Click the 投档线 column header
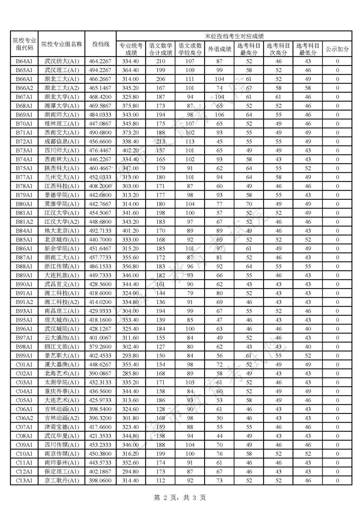[x=100, y=44]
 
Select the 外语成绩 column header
[x=219, y=49]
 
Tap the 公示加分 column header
[x=337, y=49]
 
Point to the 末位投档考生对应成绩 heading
[x=234, y=36]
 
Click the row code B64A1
[x=24, y=61]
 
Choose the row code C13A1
[x=24, y=480]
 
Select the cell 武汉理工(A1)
[x=62, y=70]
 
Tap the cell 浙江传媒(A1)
[x=62, y=266]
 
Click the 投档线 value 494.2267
[x=100, y=70]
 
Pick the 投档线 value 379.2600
[x=100, y=347]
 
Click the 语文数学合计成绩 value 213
[x=160, y=141]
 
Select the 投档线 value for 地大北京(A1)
[x=100, y=231]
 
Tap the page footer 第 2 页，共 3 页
[x=180, y=498]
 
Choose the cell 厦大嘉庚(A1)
[x=62, y=364]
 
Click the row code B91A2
[x=24, y=302]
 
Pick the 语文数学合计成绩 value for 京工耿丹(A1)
[x=160, y=480]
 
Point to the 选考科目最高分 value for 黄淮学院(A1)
[x=249, y=204]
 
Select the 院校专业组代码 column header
[x=24, y=44]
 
